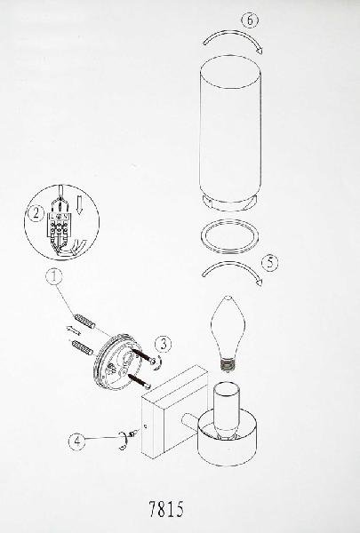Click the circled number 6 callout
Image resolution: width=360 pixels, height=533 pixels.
(x=250, y=20)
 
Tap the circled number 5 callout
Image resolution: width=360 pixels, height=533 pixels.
(x=270, y=263)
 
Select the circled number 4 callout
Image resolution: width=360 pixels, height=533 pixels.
(x=77, y=441)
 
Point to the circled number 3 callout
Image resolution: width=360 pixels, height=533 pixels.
(x=163, y=345)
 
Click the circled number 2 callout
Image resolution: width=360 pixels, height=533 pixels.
(x=36, y=214)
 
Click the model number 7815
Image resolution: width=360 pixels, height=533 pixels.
(x=166, y=509)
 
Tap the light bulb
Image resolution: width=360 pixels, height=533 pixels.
(x=228, y=333)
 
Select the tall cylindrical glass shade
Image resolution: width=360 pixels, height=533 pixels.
(x=230, y=132)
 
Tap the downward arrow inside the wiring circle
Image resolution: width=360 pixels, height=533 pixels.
(x=79, y=206)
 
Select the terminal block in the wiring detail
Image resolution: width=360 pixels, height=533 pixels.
(x=60, y=224)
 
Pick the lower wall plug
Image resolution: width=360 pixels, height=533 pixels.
(x=81, y=347)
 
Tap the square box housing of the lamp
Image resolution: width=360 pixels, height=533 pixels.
(x=175, y=412)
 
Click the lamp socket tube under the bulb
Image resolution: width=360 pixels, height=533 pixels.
(x=227, y=410)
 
